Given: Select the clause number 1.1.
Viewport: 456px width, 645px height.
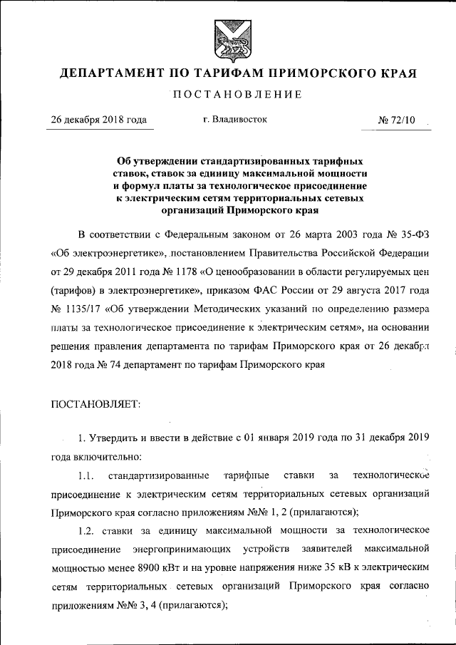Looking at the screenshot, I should (86, 475).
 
